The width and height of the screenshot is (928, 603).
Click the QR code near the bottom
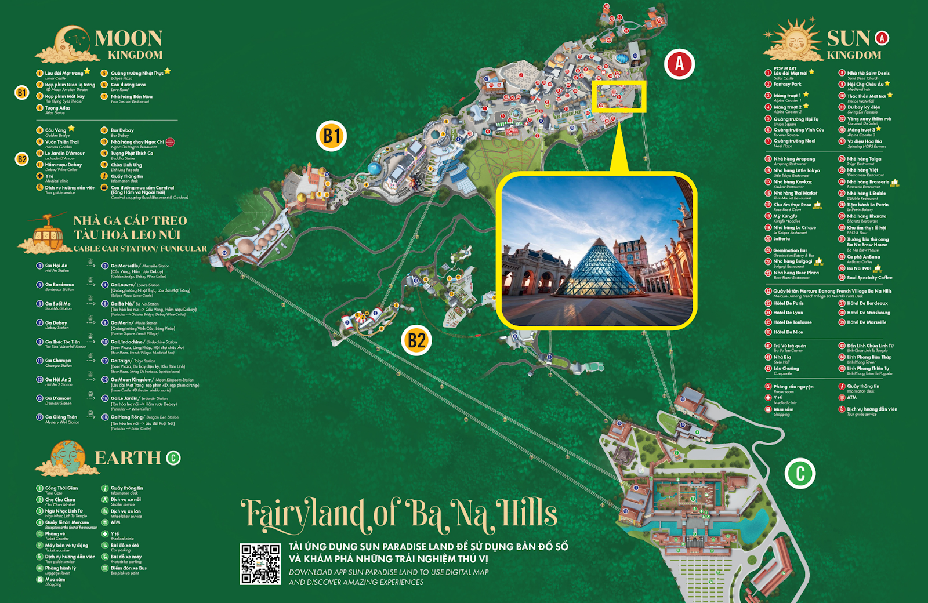[x=260, y=564]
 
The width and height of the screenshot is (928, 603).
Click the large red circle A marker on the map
[x=679, y=64]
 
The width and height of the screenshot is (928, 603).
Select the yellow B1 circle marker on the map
[x=331, y=136]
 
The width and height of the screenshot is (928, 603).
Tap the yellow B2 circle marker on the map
[x=416, y=340]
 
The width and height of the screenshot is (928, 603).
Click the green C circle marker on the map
[x=800, y=473]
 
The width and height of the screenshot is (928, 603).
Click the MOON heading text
[x=129, y=39]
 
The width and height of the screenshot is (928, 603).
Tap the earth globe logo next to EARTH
[x=68, y=457]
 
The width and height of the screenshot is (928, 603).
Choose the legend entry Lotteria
[x=781, y=239]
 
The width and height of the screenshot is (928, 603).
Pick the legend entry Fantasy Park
[x=786, y=84]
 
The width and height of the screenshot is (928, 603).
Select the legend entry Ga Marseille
[x=125, y=266]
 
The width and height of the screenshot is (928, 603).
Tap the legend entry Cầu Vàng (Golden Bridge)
[x=56, y=130]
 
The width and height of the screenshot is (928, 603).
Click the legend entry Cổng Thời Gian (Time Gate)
[x=61, y=488]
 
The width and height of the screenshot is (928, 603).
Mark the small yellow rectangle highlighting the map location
[x=619, y=96]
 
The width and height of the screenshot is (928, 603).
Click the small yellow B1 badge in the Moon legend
[x=22, y=93]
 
